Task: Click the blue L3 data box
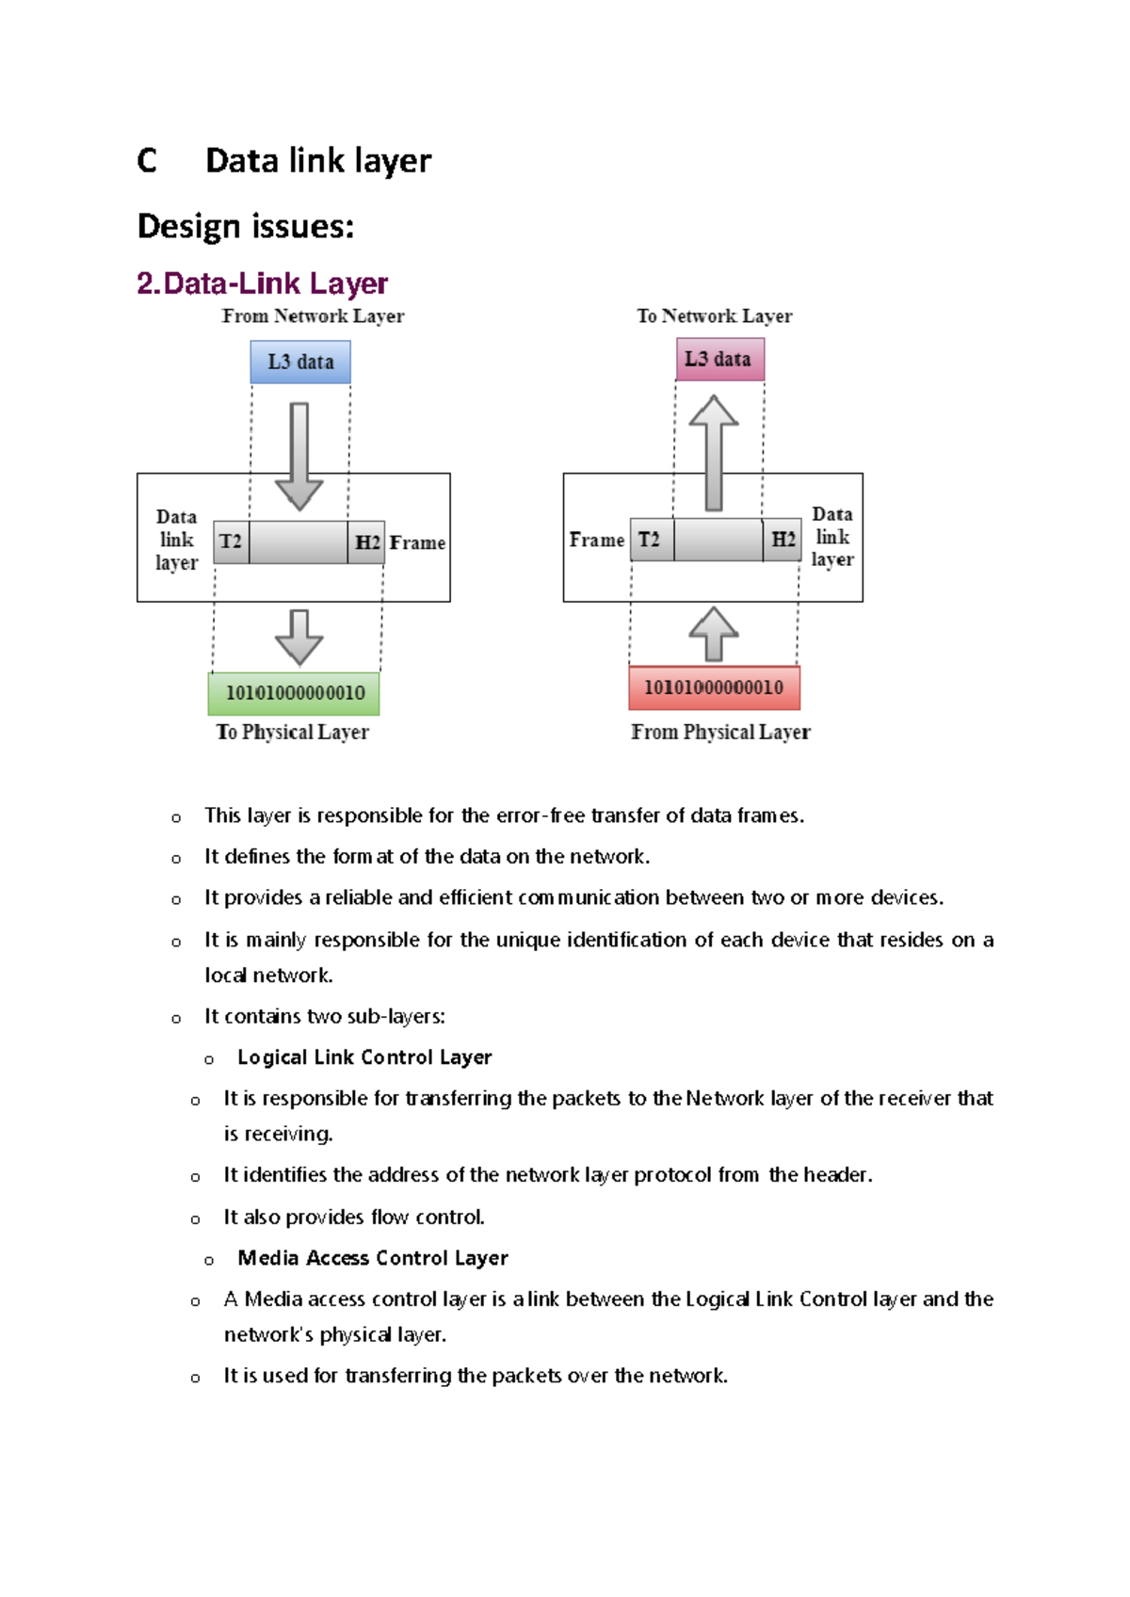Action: point(300,362)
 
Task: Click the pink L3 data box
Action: point(719,359)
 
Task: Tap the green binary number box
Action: point(294,693)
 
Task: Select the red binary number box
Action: point(714,687)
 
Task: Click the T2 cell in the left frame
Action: point(231,541)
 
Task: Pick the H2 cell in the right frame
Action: point(783,540)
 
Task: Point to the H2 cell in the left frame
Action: point(366,542)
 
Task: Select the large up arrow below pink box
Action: point(714,452)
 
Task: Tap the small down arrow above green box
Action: point(299,637)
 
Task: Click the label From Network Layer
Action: point(313,316)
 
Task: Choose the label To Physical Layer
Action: point(292,732)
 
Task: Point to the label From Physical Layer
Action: point(720,732)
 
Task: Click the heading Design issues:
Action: point(246,226)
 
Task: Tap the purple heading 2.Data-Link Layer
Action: point(262,283)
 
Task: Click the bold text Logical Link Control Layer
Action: point(364,1057)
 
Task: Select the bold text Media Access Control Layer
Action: point(373,1258)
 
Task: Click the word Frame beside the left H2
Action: point(417,542)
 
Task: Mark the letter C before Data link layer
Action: point(147,161)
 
